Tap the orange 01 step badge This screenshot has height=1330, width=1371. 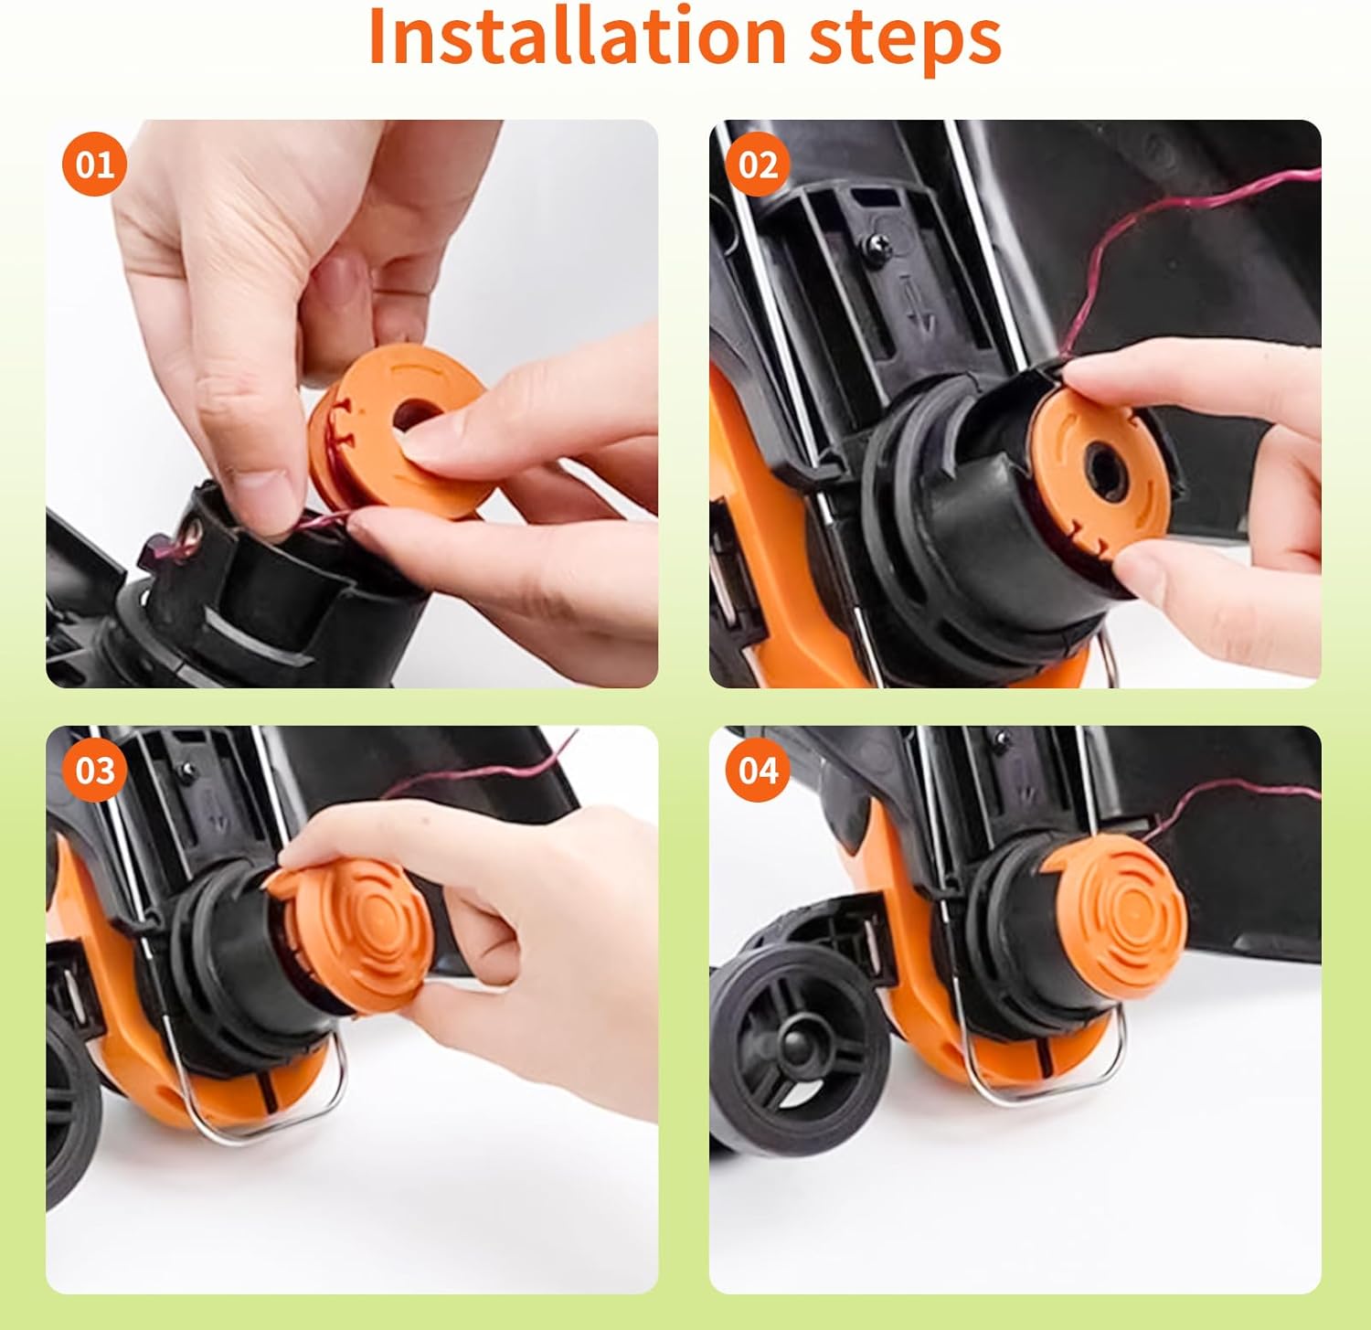click(x=94, y=165)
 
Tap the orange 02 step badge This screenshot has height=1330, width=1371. click(x=758, y=165)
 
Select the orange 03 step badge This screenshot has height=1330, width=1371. click(x=94, y=771)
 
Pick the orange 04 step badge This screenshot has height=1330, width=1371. click(x=758, y=771)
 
